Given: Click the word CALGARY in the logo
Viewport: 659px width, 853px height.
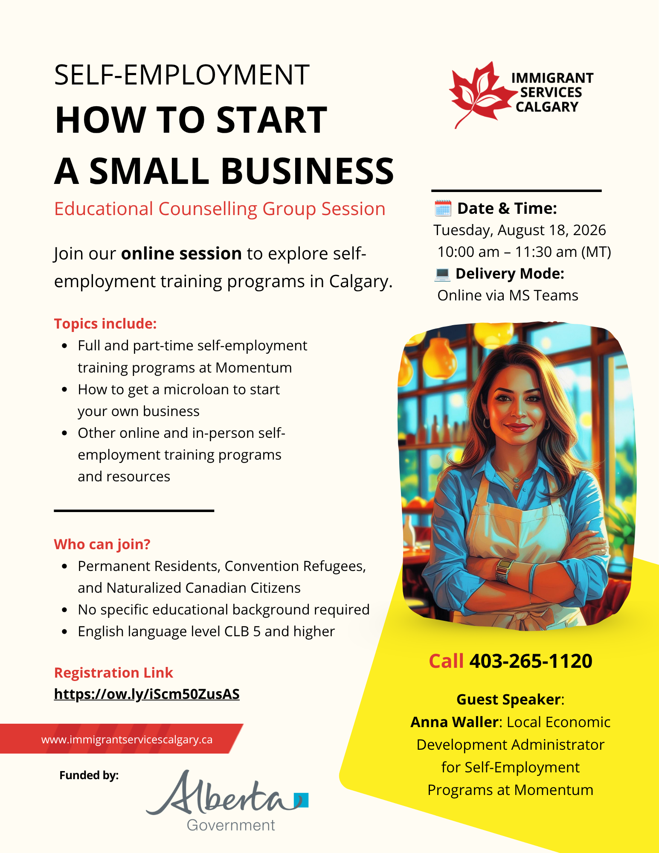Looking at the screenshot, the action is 547,107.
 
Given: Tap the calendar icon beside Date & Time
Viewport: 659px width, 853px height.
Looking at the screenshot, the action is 443,208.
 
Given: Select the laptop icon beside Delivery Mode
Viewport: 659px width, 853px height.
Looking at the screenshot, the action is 442,274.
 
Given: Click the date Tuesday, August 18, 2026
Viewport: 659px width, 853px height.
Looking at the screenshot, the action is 520,230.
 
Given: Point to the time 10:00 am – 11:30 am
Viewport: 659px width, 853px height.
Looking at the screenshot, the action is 507,252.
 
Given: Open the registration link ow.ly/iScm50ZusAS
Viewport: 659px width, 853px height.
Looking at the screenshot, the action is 147,694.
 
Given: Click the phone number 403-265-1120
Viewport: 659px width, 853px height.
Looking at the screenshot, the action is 531,661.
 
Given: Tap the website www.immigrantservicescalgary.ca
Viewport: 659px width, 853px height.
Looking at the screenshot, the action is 127,739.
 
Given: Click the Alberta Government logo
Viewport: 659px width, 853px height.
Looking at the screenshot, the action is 227,801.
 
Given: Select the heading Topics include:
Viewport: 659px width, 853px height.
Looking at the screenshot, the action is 105,324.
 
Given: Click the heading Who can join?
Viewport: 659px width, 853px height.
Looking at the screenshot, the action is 102,544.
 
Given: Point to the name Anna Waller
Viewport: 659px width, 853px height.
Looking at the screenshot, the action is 454,722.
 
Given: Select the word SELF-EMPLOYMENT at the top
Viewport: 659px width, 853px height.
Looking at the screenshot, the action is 182,75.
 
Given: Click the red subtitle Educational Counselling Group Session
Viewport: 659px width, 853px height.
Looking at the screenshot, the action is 220,209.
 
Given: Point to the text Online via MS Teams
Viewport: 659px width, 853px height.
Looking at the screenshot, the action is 508,295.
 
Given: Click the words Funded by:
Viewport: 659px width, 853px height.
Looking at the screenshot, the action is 89,775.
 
